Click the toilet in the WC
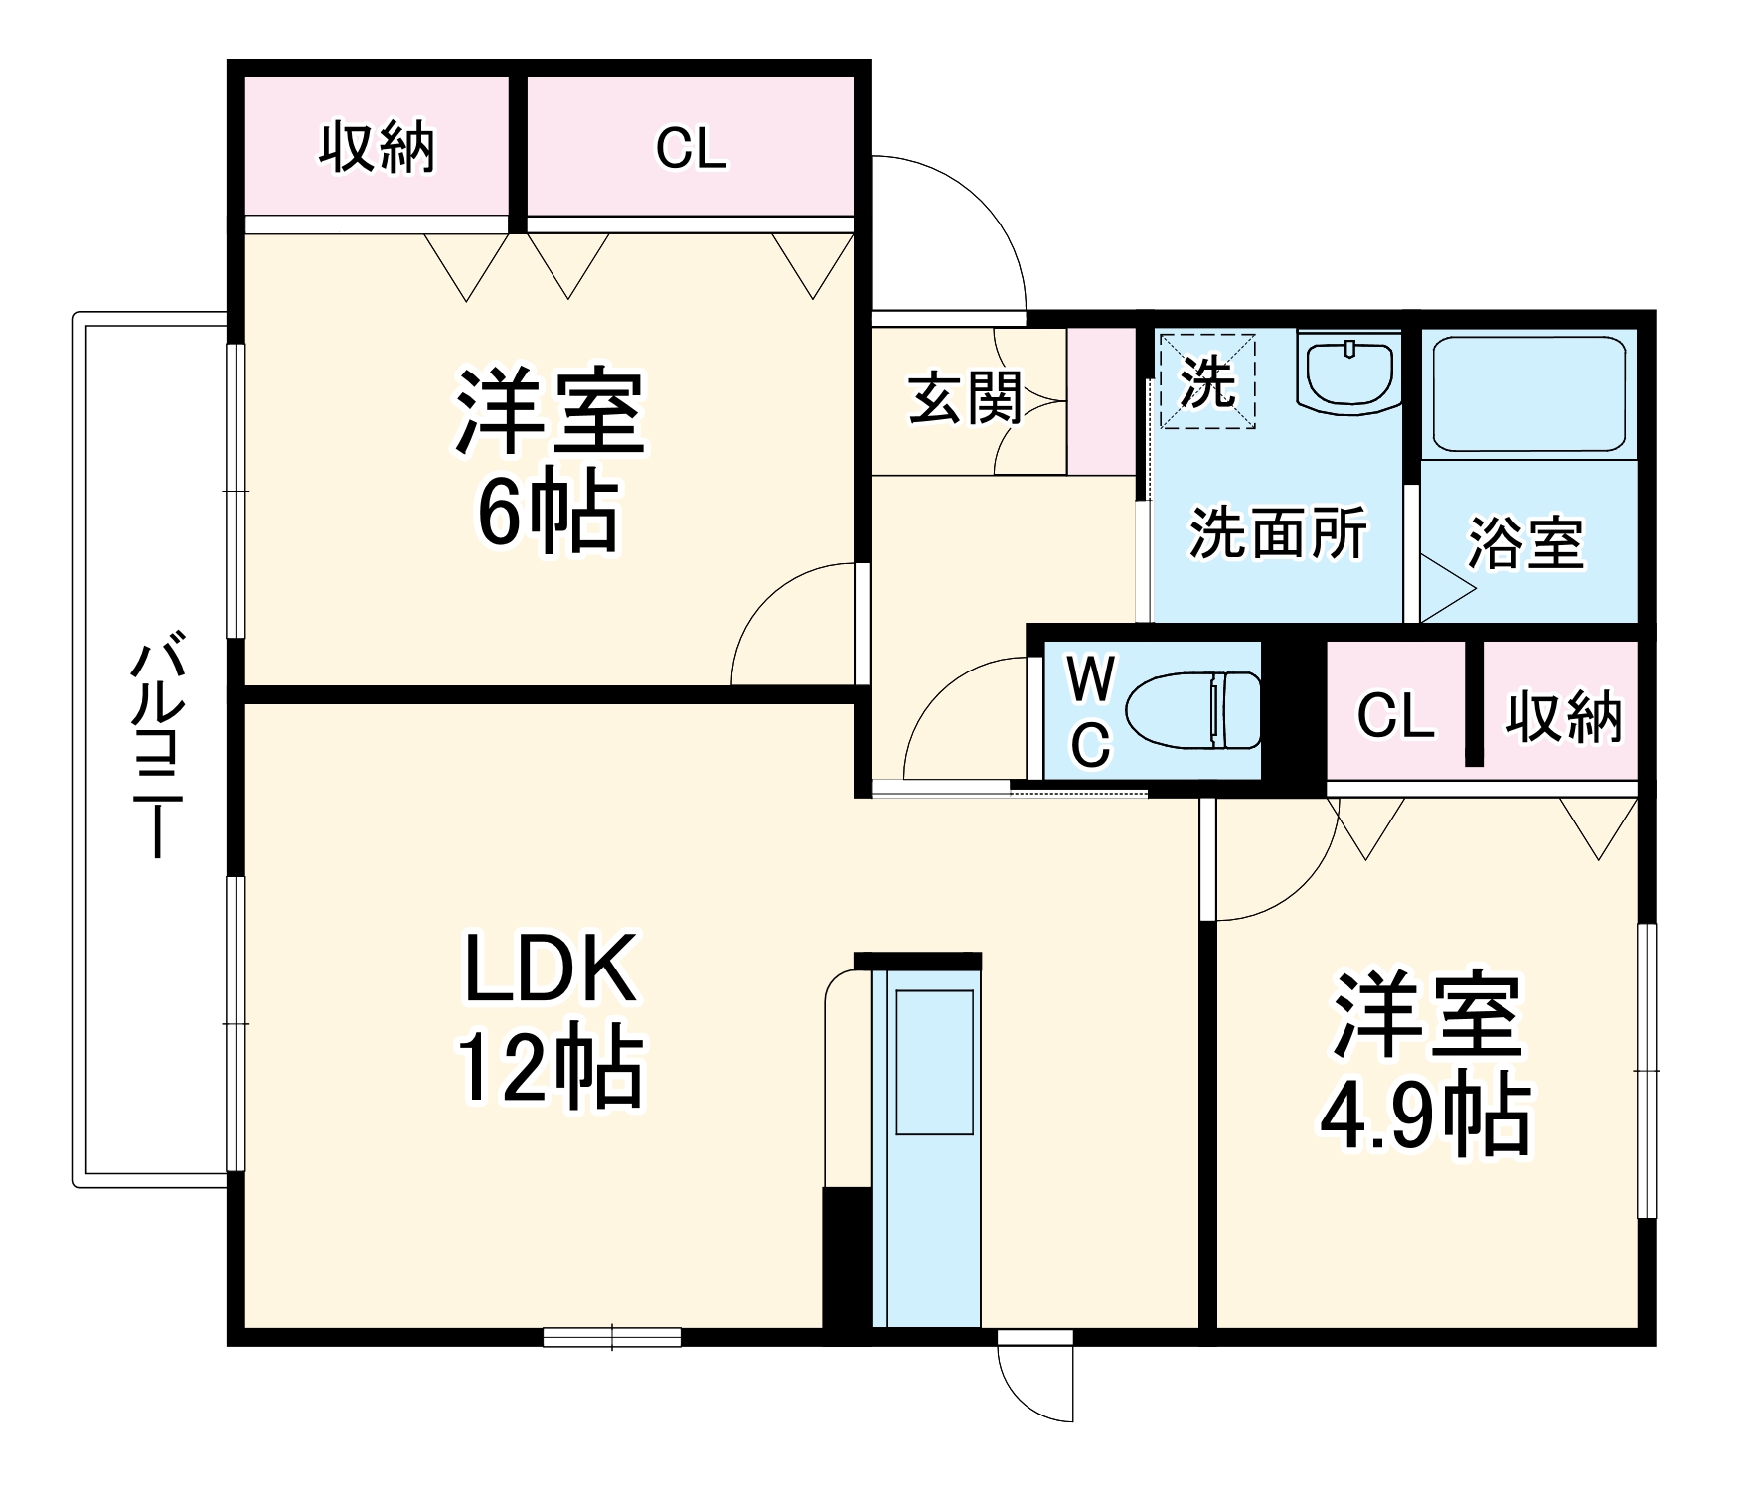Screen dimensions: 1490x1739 (x=1192, y=710)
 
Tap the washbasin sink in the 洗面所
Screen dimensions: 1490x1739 (x=1348, y=372)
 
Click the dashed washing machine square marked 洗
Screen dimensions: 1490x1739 (x=1206, y=380)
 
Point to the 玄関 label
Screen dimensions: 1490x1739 (x=965, y=398)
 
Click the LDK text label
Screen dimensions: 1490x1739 (x=550, y=968)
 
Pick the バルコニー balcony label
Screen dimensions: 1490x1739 (x=156, y=745)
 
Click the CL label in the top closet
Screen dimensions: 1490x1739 (x=691, y=149)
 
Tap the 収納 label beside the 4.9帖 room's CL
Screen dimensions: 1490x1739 (x=1563, y=716)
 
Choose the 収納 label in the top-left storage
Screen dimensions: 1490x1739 (x=377, y=149)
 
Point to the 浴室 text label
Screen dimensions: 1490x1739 (x=1525, y=543)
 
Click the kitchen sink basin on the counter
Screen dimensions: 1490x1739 (x=934, y=1061)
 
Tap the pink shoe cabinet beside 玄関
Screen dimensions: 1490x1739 (x=1101, y=401)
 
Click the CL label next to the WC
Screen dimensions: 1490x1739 (x=1395, y=715)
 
